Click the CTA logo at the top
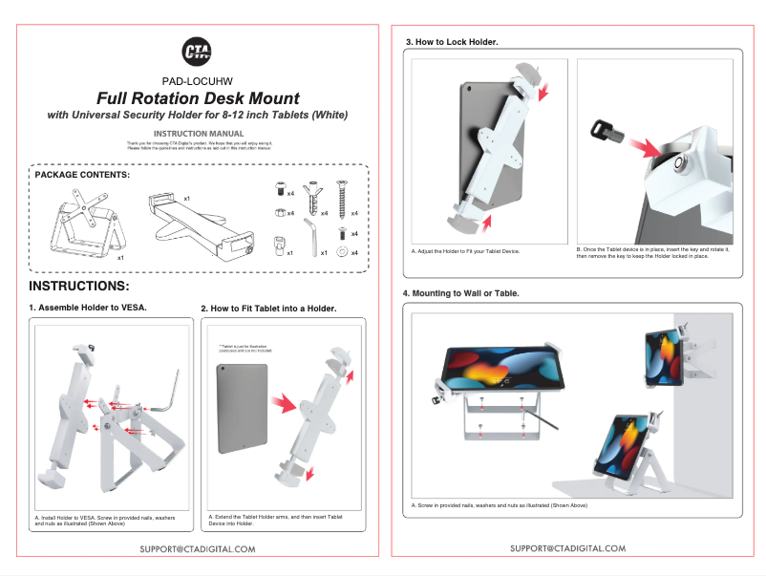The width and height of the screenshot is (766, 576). point(198,53)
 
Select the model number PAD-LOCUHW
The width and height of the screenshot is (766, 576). point(198,81)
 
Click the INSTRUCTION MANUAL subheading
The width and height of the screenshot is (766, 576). point(198,134)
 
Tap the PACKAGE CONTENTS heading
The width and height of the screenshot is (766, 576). point(82,175)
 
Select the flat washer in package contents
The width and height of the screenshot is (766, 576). point(340,252)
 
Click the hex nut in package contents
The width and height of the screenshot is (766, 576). point(278,212)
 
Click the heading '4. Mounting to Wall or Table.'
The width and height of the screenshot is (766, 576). point(461,292)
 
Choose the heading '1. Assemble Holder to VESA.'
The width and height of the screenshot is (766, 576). point(88,308)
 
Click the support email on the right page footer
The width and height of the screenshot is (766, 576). point(567,548)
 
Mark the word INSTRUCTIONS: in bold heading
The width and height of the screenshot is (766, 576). point(78,287)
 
